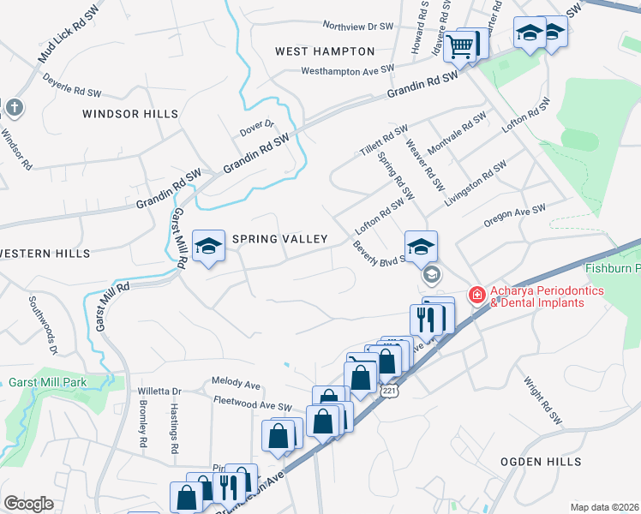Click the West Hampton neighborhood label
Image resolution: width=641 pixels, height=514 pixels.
325,51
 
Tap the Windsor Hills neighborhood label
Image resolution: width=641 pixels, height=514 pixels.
130,114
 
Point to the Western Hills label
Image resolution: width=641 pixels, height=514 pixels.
45,254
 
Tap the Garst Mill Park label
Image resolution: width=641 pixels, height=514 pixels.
50,382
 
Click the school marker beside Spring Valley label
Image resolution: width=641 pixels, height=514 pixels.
207,248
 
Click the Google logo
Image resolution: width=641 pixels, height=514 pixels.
28,504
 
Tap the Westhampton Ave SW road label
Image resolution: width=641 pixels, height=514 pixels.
348,69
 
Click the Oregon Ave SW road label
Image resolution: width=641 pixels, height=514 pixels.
514,215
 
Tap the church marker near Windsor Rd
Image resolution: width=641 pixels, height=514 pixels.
14,107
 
